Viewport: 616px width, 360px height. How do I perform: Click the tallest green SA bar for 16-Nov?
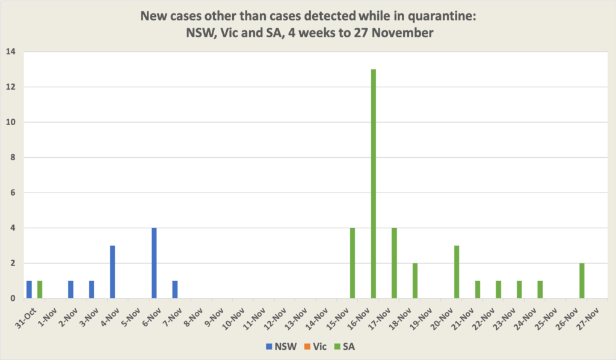tap(374, 184)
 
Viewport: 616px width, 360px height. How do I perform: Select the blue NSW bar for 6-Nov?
tap(154, 263)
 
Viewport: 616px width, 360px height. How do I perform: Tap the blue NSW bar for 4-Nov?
tap(112, 272)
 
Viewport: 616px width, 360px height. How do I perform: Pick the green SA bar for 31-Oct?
tap(40, 290)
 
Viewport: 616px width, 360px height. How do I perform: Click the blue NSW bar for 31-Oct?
tap(29, 290)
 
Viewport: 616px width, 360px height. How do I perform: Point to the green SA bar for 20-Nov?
tap(457, 272)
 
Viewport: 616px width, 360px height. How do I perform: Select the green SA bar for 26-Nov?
tap(582, 281)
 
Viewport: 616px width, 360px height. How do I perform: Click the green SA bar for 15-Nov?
tap(353, 263)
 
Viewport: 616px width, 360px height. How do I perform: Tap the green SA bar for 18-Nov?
tap(415, 281)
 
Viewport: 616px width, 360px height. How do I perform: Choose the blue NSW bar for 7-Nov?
tap(175, 290)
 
